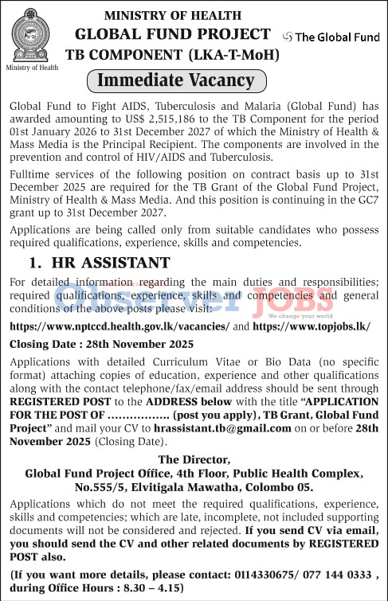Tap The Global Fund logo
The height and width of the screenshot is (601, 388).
point(332,37)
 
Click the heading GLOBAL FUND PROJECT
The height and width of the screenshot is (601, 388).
point(173,33)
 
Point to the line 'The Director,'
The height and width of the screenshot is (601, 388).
point(194,459)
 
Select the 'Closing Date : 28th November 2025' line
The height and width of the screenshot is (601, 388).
point(101,344)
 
